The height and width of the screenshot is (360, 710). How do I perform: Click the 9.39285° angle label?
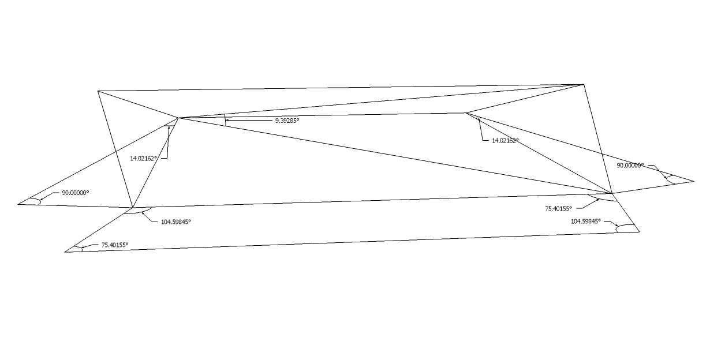point(287,121)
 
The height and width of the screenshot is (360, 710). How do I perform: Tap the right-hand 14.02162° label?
point(505,140)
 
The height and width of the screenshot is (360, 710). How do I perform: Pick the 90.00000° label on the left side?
point(76,193)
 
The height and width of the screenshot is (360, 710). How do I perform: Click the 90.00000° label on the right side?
point(630,166)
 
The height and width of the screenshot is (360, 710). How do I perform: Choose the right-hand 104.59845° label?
point(586,221)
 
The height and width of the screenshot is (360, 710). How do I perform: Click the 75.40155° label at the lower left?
point(115,245)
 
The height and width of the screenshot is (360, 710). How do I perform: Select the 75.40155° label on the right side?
point(558,209)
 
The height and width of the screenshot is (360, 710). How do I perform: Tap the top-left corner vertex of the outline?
point(98,91)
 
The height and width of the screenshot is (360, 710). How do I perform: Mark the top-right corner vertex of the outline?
point(584,84)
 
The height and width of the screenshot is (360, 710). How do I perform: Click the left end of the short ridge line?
point(178,118)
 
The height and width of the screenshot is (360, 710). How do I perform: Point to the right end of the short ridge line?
point(466,112)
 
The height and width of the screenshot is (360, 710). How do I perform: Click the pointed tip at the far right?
point(693,181)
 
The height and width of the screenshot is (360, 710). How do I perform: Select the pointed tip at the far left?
point(18,203)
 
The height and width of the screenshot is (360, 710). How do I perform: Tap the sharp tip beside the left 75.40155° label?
point(65,252)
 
